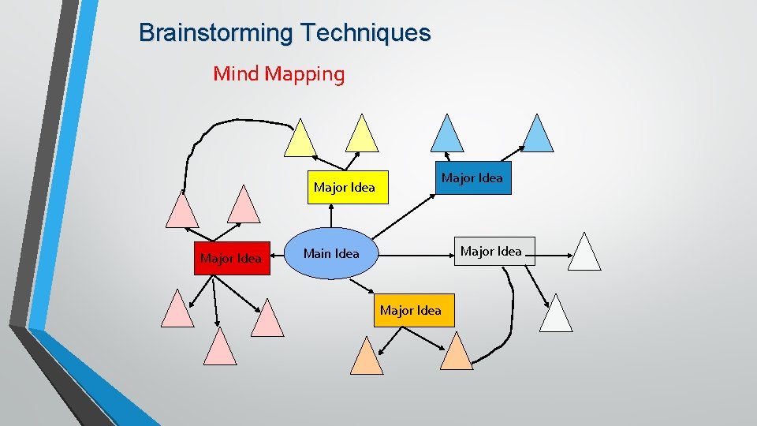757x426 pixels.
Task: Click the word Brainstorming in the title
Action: (x=207, y=33)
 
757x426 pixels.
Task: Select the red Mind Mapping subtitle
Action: (x=278, y=74)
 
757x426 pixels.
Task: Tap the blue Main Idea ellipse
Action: (x=331, y=253)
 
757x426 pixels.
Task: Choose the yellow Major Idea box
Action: (x=345, y=187)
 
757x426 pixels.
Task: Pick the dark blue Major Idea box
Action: (x=472, y=178)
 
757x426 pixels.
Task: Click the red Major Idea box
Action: (x=231, y=258)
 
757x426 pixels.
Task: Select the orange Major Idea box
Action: (x=410, y=310)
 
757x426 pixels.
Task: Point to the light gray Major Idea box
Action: (x=490, y=251)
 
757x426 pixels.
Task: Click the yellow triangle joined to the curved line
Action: (x=300, y=140)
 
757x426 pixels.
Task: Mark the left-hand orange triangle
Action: (x=367, y=357)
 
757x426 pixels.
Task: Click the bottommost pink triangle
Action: (x=220, y=349)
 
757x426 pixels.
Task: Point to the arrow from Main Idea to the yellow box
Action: (x=331, y=216)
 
